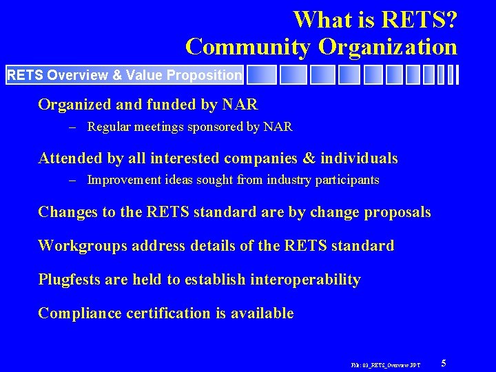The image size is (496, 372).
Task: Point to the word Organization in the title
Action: [x=387, y=47]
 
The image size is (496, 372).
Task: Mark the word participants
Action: [x=344, y=180]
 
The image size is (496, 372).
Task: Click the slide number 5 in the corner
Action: [x=444, y=363]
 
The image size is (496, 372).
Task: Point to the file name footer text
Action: [x=385, y=364]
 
